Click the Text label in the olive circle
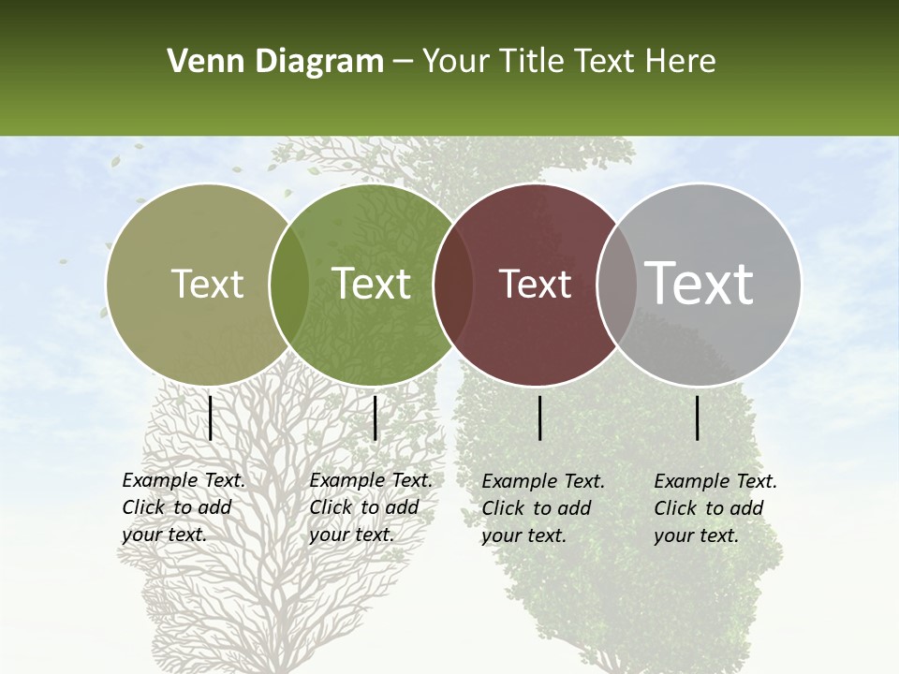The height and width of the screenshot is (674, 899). click(207, 284)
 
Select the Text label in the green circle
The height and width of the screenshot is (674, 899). click(372, 284)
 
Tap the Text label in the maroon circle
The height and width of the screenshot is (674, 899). click(535, 284)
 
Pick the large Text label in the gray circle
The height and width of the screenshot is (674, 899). click(700, 284)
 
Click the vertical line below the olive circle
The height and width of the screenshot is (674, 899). click(210, 418)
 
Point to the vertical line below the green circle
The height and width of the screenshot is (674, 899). click(375, 418)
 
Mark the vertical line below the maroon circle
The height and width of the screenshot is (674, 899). click(539, 418)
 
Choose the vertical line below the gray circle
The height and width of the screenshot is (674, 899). click(697, 418)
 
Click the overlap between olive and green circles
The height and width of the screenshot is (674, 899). click(289, 284)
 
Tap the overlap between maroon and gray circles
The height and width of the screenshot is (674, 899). click(612, 284)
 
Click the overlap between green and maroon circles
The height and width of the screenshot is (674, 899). click(453, 284)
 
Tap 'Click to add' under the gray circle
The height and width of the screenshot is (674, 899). click(709, 508)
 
